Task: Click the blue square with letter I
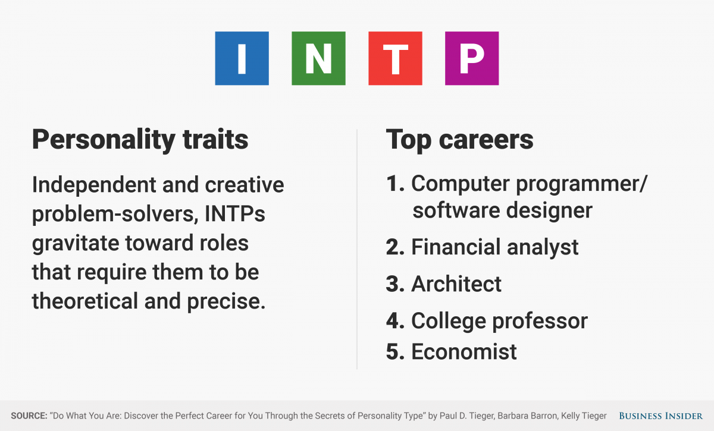[x=242, y=58]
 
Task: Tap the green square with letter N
[x=318, y=58]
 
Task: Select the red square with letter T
[x=395, y=58]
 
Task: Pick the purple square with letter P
[x=472, y=58]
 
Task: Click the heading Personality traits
[x=140, y=140]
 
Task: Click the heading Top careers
[x=459, y=140]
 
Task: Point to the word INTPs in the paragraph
[x=234, y=214]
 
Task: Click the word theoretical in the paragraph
[x=85, y=301]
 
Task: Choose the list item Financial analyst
[x=494, y=247]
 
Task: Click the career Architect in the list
[x=456, y=284]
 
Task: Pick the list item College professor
[x=499, y=321]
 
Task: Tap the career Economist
[x=464, y=352]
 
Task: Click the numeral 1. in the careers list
[x=395, y=184]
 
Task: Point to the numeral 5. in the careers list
[x=395, y=352]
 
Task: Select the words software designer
[x=502, y=211]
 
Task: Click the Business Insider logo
[x=660, y=416]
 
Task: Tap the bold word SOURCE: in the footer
[x=29, y=416]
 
